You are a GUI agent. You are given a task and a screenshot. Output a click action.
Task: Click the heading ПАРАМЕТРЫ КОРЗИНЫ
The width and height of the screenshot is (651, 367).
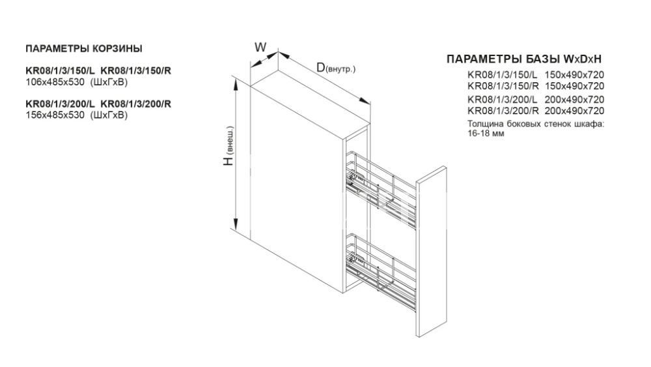click(x=84, y=49)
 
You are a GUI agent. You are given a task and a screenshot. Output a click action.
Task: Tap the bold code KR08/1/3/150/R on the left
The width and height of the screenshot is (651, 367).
click(x=136, y=70)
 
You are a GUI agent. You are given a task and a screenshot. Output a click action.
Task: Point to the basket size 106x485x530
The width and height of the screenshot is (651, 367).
click(x=55, y=82)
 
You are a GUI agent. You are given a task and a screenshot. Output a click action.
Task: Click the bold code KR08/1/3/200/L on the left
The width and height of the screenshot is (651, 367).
click(x=61, y=104)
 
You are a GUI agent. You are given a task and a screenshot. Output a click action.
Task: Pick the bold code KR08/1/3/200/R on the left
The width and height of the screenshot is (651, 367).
click(x=136, y=104)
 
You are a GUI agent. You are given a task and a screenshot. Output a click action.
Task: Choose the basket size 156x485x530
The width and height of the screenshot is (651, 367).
click(x=55, y=115)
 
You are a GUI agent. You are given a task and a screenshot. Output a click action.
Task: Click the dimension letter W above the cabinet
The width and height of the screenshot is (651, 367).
click(x=260, y=48)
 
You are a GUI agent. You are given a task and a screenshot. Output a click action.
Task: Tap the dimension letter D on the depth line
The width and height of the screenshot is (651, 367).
click(x=320, y=67)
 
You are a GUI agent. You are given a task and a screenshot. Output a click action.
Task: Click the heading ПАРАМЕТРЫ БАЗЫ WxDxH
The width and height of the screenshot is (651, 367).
click(x=524, y=59)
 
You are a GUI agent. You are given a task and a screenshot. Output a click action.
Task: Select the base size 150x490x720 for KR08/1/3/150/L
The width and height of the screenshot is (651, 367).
click(x=574, y=75)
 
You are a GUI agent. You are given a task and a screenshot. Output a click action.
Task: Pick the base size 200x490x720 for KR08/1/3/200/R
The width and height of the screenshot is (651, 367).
click(x=574, y=111)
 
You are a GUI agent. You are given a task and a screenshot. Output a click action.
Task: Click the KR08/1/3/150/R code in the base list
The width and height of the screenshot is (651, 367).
click(x=503, y=86)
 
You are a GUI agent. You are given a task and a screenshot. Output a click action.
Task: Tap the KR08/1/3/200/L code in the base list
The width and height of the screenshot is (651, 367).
click(x=503, y=100)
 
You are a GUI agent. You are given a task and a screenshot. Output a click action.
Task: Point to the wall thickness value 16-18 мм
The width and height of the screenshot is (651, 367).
click(x=486, y=134)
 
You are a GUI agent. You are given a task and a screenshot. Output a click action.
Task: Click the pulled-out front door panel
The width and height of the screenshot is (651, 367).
click(x=432, y=252)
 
